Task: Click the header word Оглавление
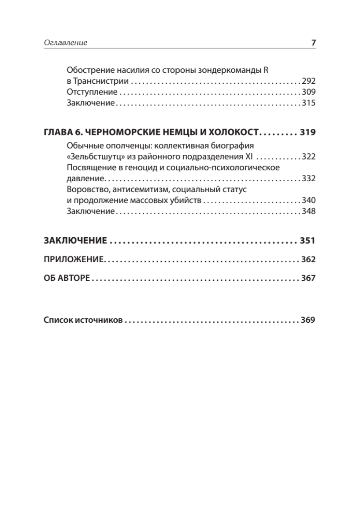(66, 43)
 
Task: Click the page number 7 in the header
(313, 43)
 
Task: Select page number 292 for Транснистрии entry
(309, 82)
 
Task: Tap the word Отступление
(92, 93)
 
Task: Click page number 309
(309, 93)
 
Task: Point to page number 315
(309, 104)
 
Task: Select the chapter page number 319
(308, 133)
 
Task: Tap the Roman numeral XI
(248, 157)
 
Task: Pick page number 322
(309, 157)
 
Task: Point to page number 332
(309, 179)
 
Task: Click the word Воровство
(87, 190)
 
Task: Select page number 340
(309, 201)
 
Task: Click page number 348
(309, 212)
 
